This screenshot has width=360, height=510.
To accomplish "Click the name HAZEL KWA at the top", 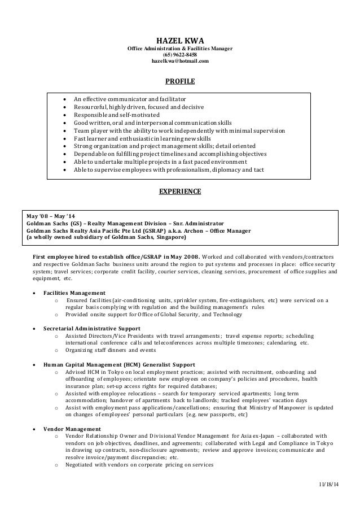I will [x=179, y=40].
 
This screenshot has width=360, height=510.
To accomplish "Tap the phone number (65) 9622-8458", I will [x=179, y=55].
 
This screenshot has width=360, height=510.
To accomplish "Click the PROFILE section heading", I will [x=179, y=82].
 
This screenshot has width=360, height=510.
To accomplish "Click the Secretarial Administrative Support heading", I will [x=92, y=328].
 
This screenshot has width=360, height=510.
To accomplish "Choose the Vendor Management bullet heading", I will [x=72, y=429].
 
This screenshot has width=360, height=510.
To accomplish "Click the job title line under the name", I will [x=179, y=49].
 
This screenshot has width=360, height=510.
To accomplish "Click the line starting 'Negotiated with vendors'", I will [x=139, y=465].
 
